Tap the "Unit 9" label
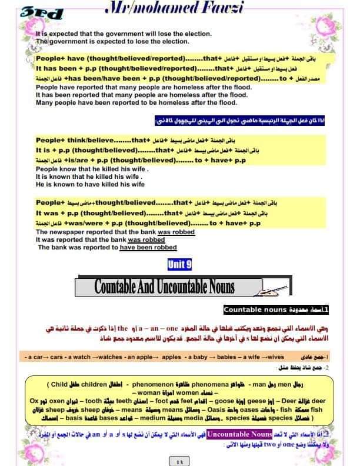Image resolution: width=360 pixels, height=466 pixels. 179,265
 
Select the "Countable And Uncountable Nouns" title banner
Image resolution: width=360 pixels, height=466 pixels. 164,287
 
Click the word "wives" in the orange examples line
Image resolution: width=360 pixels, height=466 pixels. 275,357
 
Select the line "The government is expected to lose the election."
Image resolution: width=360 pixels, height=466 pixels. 113,42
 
